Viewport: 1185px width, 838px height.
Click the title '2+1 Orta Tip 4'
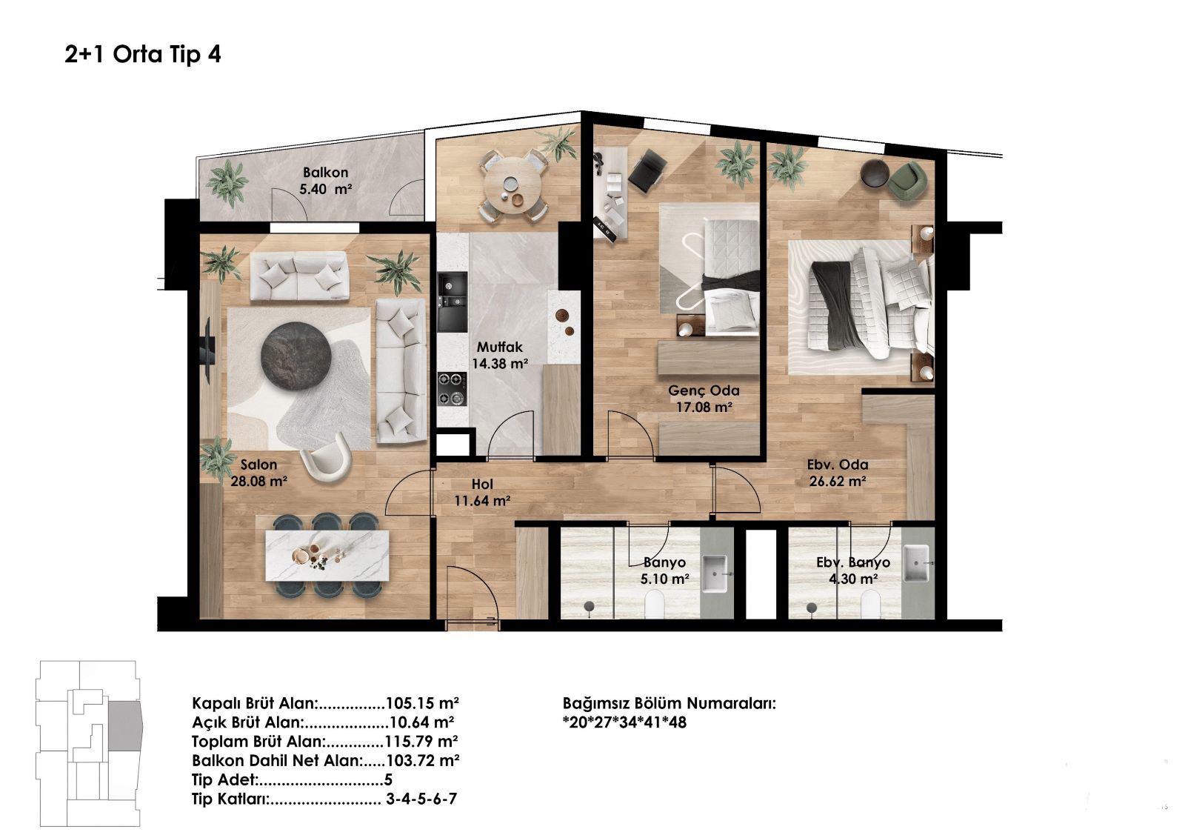pos(143,55)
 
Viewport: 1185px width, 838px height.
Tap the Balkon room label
pos(325,181)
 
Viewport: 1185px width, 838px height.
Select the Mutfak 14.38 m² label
pos(500,355)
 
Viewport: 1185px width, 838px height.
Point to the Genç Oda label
pos(704,399)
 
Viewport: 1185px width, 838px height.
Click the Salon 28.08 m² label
pos(258,473)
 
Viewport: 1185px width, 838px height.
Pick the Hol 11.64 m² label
pos(482,492)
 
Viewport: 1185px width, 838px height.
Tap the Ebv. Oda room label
pos(838,473)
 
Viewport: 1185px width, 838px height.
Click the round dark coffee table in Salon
pos(296,355)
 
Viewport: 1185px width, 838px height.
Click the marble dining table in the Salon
pos(327,555)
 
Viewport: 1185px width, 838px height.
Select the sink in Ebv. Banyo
pos(915,562)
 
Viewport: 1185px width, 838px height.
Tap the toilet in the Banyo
pos(655,603)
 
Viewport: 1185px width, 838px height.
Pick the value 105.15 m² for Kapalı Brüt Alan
pos(422,703)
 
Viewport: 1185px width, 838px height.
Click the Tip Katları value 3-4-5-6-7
pos(421,798)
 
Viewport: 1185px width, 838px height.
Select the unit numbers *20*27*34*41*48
pos(625,722)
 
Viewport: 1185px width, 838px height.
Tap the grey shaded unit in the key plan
pos(125,726)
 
